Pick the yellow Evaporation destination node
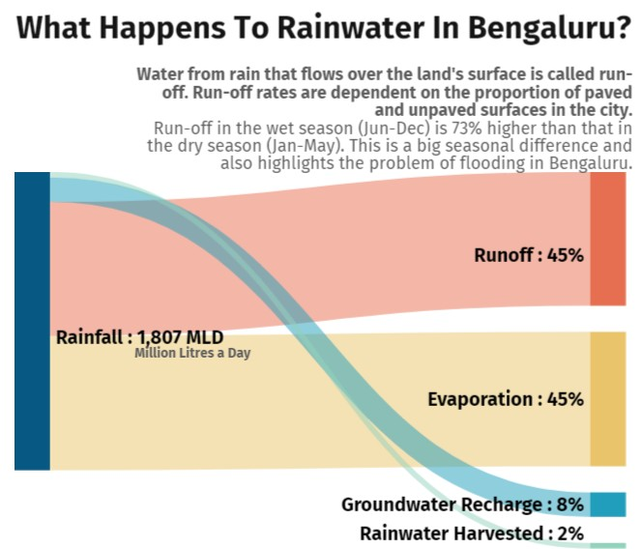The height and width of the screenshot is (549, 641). [608, 398]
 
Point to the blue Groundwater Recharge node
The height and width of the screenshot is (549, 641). [608, 505]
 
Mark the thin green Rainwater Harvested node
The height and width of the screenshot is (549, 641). [608, 545]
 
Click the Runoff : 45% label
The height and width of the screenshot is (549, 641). [529, 256]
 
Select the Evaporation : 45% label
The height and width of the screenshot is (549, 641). [506, 399]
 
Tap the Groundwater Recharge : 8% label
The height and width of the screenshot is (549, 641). [462, 505]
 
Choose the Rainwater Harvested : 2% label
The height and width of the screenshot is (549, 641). [472, 533]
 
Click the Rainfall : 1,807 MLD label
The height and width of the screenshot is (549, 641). [139, 337]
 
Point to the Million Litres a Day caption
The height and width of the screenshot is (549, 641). [192, 354]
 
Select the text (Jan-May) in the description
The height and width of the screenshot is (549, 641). [281, 146]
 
